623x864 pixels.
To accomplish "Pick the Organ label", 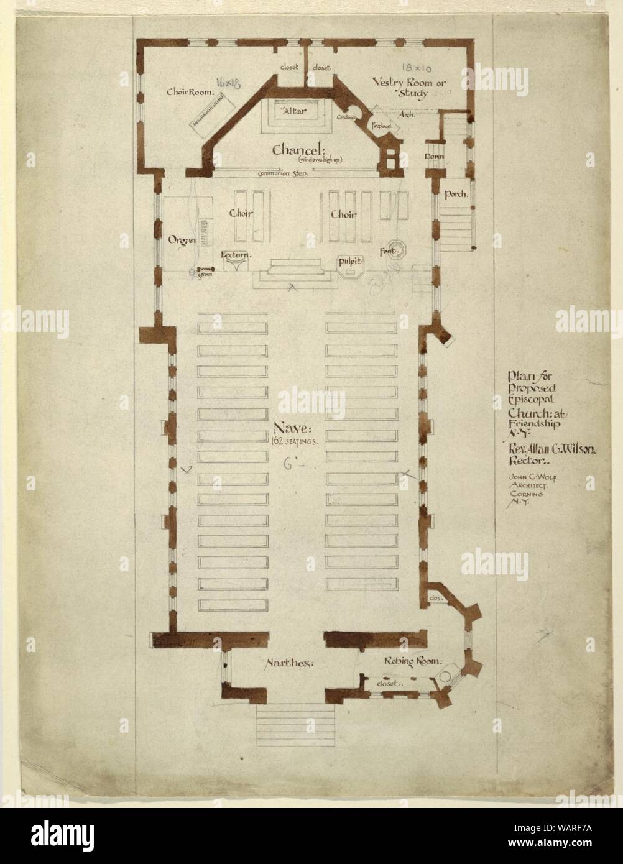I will tap(182, 239).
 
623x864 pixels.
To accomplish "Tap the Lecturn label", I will tap(236, 255).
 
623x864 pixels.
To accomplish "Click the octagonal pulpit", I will tap(350, 264).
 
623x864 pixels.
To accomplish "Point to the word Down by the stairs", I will tap(434, 157).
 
